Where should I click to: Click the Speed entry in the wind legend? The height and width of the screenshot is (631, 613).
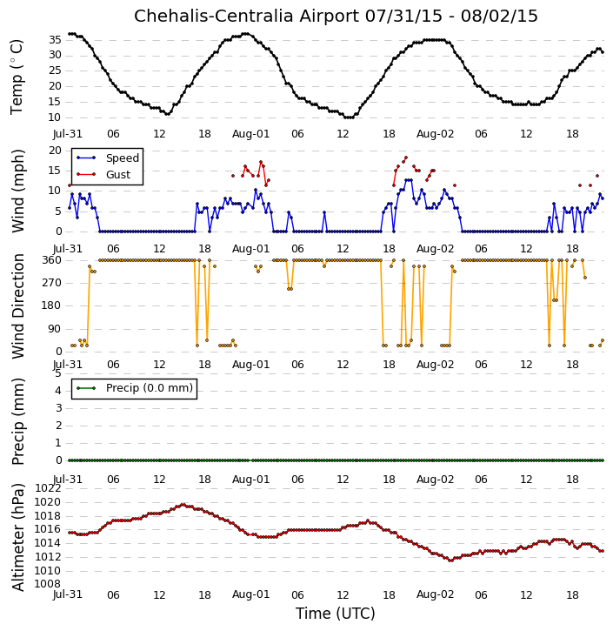(108, 158)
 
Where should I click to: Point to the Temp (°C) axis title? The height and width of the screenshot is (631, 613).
(17, 77)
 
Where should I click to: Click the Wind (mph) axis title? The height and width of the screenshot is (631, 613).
(17, 191)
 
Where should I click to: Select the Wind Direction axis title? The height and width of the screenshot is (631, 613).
(17, 305)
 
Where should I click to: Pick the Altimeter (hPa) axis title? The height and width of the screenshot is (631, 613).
(17, 537)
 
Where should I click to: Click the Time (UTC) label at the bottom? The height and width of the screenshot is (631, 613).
(336, 614)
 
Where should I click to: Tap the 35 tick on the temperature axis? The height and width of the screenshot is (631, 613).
(55, 40)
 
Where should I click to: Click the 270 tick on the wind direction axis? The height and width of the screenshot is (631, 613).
(52, 283)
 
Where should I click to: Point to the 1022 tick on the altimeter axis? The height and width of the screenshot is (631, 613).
(48, 488)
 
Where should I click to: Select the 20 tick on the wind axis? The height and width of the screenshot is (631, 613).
(55, 151)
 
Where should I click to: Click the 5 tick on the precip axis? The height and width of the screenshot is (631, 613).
(58, 373)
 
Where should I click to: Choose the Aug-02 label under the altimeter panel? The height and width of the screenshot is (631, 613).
(435, 594)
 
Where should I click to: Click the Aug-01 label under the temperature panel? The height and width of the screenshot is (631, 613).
(250, 134)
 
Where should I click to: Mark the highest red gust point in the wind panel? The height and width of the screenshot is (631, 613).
(406, 158)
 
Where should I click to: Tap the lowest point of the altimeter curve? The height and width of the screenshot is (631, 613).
(451, 561)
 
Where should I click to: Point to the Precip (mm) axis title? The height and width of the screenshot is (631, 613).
(17, 421)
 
